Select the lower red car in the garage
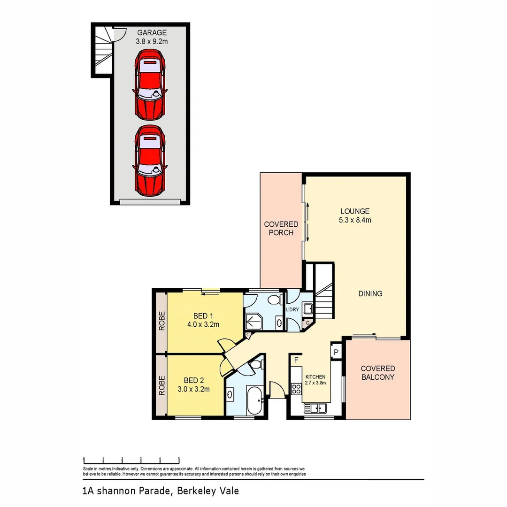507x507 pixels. [x=149, y=161]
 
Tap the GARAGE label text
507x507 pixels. [x=152, y=33]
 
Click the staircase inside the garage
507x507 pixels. [x=104, y=49]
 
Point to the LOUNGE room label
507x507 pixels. [x=355, y=211]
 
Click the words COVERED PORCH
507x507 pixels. [x=281, y=228]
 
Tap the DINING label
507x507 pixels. [x=370, y=293]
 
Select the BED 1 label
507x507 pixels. [x=203, y=315]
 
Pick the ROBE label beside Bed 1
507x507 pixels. [x=161, y=321]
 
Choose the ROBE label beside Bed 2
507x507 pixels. [x=161, y=385]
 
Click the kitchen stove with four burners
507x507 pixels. [x=296, y=389]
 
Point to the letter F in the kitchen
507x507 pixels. [x=296, y=360]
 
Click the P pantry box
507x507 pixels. [x=336, y=352]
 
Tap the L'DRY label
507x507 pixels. [x=292, y=310]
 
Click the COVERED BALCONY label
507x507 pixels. [x=377, y=373]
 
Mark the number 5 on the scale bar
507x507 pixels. [x=179, y=459]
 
